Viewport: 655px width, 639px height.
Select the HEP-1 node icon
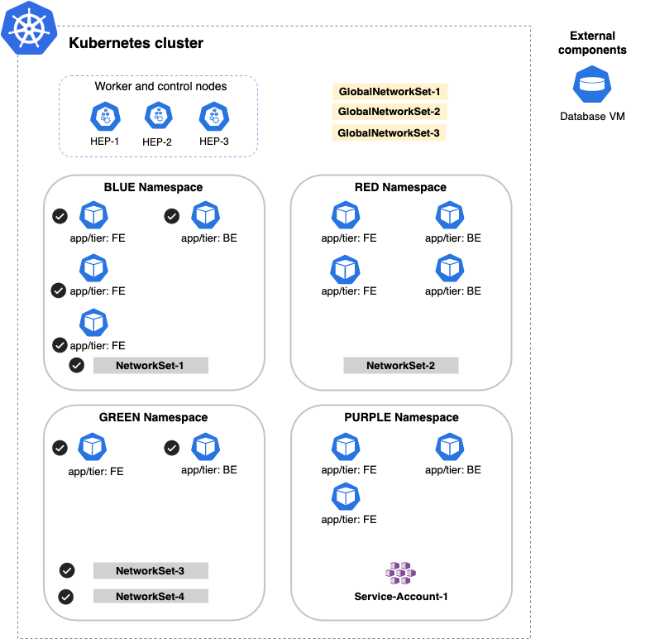click(x=105, y=117)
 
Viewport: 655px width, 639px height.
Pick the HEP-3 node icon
click(x=213, y=117)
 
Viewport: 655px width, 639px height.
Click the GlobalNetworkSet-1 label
click(x=390, y=92)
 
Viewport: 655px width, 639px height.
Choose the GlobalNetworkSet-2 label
click(x=390, y=112)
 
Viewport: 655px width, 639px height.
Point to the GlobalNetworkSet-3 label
click(x=390, y=132)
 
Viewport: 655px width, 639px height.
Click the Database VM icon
click(x=591, y=85)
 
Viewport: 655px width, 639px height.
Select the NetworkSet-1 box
click(x=151, y=365)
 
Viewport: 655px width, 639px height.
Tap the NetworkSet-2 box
click(x=401, y=365)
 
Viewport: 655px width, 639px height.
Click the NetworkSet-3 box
click(x=151, y=570)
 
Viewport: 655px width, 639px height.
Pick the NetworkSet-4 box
click(x=151, y=596)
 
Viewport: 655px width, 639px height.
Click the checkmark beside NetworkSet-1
click(x=77, y=365)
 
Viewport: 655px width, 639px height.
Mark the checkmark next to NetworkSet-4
click(x=67, y=596)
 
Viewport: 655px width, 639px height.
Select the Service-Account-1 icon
click(x=401, y=573)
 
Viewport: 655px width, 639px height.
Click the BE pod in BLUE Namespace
click(x=204, y=216)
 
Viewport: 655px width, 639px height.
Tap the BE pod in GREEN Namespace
click(x=204, y=448)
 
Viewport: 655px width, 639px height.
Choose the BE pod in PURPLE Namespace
click(x=449, y=448)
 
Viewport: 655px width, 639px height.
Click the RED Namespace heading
click(x=400, y=187)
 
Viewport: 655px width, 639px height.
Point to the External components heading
click(x=592, y=43)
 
